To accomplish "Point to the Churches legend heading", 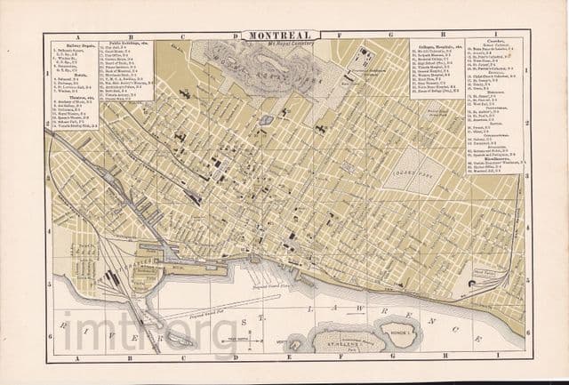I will tap(500, 41).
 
